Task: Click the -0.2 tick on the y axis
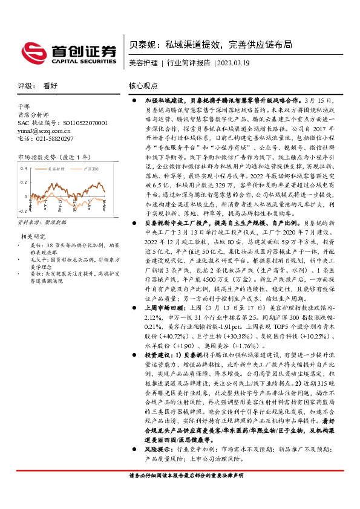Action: click(x=23, y=210)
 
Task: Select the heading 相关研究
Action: click(x=34, y=236)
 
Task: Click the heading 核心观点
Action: click(x=143, y=86)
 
